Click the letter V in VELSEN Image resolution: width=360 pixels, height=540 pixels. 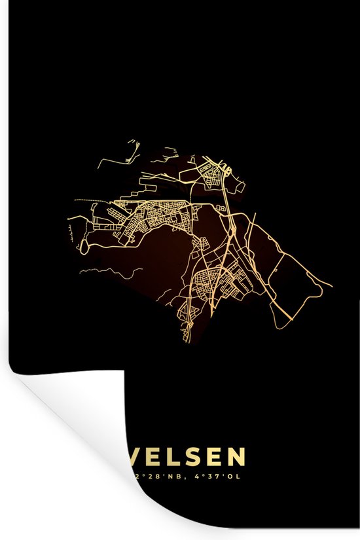(142, 457)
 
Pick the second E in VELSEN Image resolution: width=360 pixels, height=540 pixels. (220, 457)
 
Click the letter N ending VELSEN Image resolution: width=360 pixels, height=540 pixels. (239, 457)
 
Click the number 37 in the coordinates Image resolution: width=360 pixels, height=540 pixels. (217, 477)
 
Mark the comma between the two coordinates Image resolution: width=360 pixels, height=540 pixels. (185, 478)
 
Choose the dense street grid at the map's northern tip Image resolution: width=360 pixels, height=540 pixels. (213, 174)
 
